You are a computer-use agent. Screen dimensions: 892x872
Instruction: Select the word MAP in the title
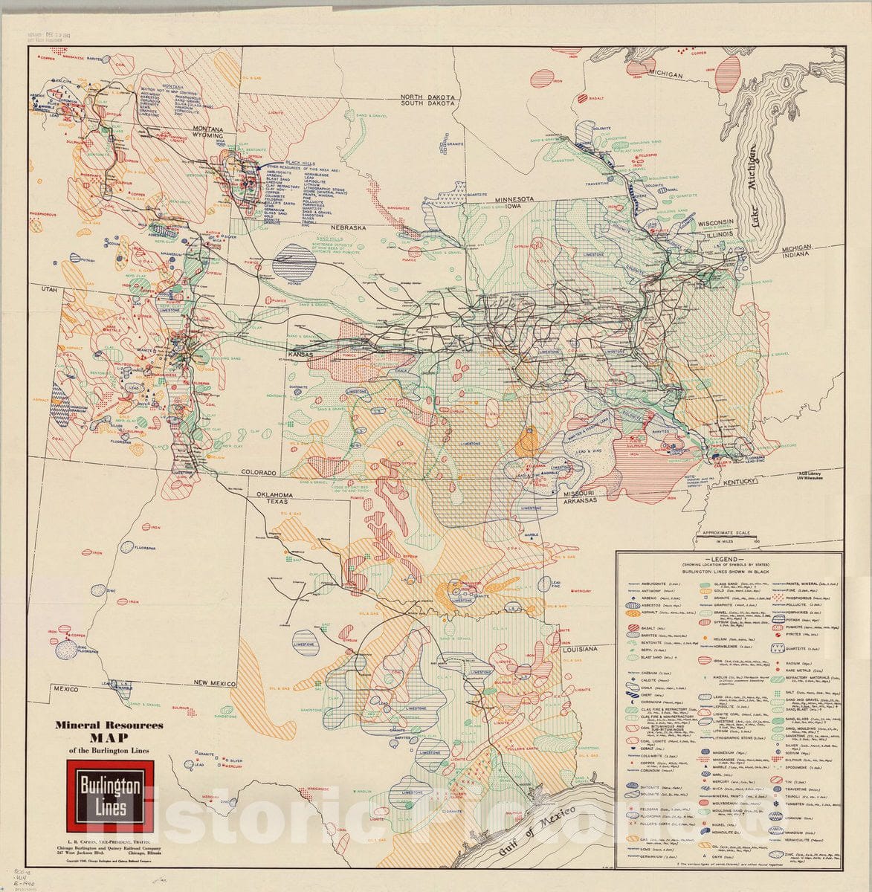pos(103,738)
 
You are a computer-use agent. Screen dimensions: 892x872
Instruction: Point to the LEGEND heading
pos(723,558)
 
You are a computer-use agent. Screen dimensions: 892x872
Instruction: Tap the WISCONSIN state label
pos(715,222)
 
